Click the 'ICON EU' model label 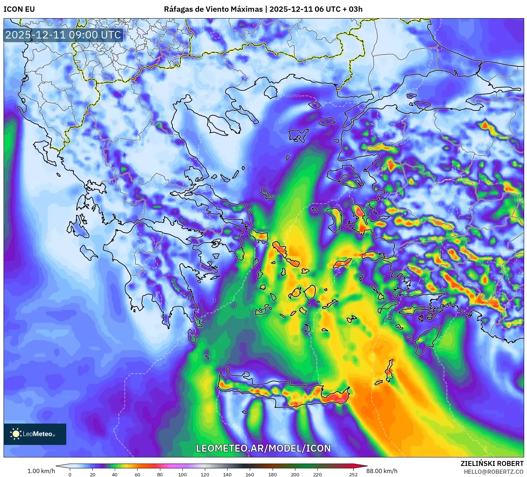19,9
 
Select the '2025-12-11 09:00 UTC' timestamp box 63,35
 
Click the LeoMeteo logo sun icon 16,434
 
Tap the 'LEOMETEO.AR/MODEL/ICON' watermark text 263,448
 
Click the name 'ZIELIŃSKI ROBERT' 492,463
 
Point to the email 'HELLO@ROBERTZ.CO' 494,472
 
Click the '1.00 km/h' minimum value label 41,471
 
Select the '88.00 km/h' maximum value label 382,471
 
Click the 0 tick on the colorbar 70,474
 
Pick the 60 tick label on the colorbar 138,474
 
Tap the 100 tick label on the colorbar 182,474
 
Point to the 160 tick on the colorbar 250,474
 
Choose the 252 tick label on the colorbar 353,474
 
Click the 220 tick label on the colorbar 317,474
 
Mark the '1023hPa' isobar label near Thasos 293,96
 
